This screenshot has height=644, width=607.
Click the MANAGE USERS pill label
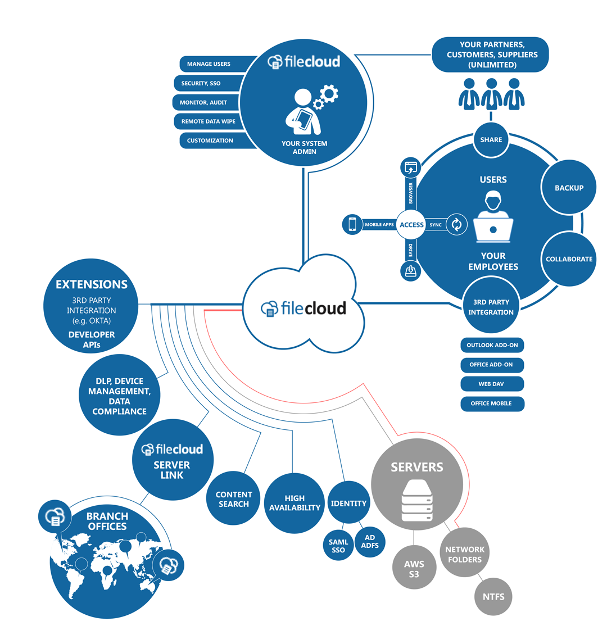click(x=209, y=64)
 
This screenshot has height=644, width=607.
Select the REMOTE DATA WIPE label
click(x=208, y=121)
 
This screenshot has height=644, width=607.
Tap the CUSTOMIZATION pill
click(x=210, y=140)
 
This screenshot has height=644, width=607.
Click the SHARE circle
click(x=491, y=139)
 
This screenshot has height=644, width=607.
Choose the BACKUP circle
click(x=569, y=188)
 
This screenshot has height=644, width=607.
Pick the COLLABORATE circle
click(x=569, y=259)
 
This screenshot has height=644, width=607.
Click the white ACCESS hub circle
click(x=411, y=225)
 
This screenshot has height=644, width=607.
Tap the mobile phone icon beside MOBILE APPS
click(x=352, y=225)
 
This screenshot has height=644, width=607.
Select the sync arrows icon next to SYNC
click(x=456, y=225)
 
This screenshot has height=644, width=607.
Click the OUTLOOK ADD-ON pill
click(x=492, y=345)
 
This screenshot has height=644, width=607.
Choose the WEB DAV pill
click(x=492, y=384)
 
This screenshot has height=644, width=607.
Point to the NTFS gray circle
click(x=493, y=596)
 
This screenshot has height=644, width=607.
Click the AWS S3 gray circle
click(x=414, y=569)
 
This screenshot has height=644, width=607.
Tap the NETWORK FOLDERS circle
click(x=465, y=554)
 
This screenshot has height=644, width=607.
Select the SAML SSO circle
click(x=338, y=545)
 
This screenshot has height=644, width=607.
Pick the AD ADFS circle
click(x=370, y=542)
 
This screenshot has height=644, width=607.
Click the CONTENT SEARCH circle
click(x=234, y=499)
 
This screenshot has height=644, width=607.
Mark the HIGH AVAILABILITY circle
click(x=294, y=502)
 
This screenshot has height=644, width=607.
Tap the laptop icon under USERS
click(x=493, y=228)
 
